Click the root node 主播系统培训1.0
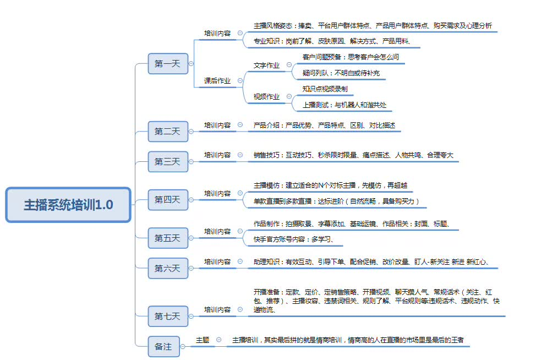[x=68, y=205]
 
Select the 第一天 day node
[x=167, y=64]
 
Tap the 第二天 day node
[x=167, y=132]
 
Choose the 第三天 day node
[x=167, y=162]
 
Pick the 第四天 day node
[x=167, y=200]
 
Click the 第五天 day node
[x=167, y=238]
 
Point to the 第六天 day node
[x=167, y=269]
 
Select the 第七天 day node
[x=167, y=317]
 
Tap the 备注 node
[x=163, y=347]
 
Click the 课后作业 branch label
[x=217, y=81]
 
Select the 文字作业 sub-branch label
[x=266, y=66]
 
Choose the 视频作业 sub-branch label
[x=266, y=97]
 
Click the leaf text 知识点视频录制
[x=325, y=89]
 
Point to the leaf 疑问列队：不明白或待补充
[x=341, y=73]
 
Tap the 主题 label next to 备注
[x=203, y=340]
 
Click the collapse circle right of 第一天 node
[x=191, y=64]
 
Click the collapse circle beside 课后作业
[x=240, y=80]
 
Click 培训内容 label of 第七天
[x=217, y=310]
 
